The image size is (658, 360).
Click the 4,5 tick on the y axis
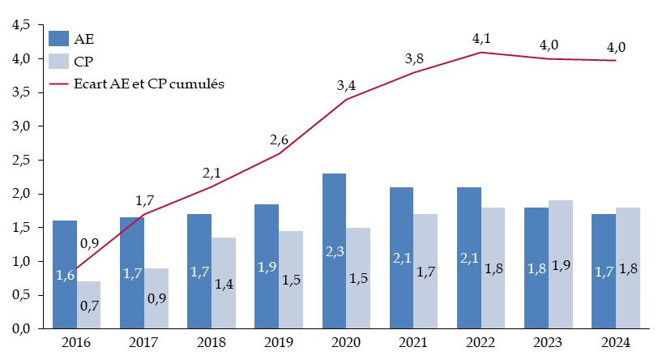pos(21,25)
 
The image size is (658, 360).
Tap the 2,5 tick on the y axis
pos(21,161)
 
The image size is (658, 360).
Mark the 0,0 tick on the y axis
pos(21,329)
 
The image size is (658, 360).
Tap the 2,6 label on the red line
pos(279,140)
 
